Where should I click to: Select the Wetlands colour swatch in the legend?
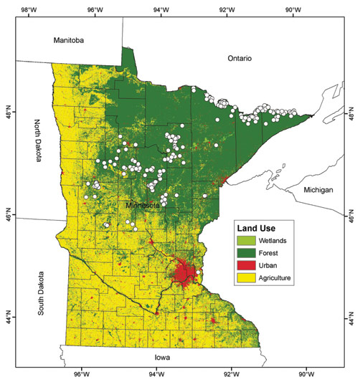(x=248, y=241)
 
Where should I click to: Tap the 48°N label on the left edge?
(x=9, y=113)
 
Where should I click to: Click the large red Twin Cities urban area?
(x=186, y=272)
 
